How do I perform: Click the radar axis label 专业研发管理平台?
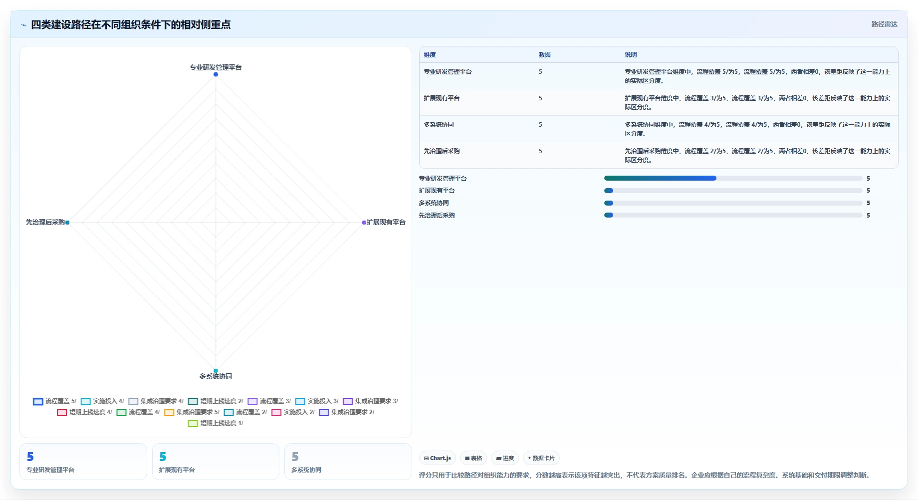click(216, 67)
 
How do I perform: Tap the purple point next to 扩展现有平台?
click(364, 223)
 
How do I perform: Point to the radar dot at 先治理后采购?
click(67, 223)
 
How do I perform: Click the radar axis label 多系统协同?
click(216, 376)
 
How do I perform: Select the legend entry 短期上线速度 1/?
click(216, 423)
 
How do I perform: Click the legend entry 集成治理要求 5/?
click(192, 412)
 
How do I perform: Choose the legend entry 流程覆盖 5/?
click(54, 401)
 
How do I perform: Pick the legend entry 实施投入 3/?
click(317, 401)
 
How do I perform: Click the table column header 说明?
click(631, 55)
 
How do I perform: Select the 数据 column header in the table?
click(544, 55)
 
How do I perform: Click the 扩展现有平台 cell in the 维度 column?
click(442, 98)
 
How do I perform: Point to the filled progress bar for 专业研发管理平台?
click(660, 178)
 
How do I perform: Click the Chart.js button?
click(438, 458)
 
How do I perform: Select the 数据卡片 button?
click(541, 458)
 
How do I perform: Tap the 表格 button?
click(473, 458)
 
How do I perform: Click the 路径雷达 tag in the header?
click(884, 24)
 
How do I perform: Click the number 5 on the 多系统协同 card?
click(295, 457)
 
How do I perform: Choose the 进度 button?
click(505, 458)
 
